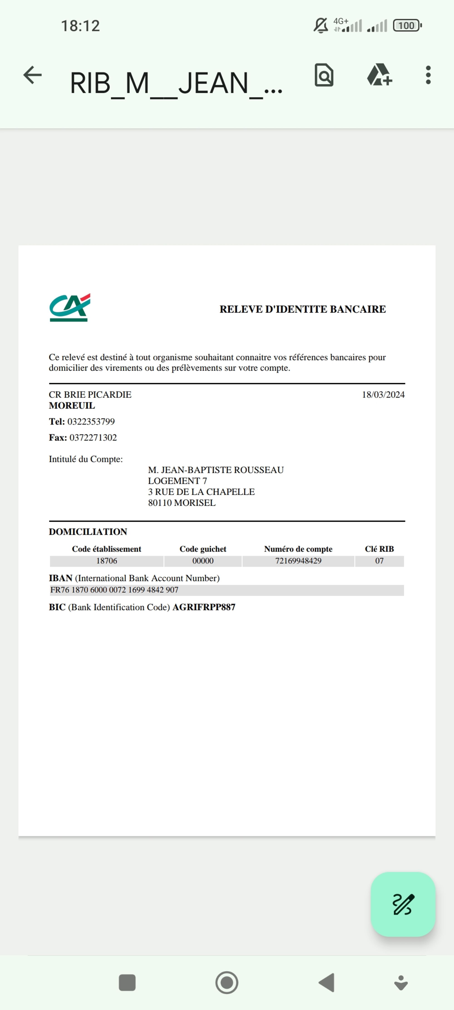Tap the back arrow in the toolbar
pyautogui.click(x=32, y=75)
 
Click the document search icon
pyautogui.click(x=324, y=75)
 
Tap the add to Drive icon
pyautogui.click(x=379, y=75)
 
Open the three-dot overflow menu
pyautogui.click(x=428, y=75)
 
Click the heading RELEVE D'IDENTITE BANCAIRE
pyautogui.click(x=302, y=309)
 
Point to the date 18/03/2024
pyautogui.click(x=383, y=395)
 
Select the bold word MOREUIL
pyautogui.click(x=72, y=406)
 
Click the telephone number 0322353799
pyautogui.click(x=91, y=422)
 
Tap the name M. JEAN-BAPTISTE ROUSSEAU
pyautogui.click(x=216, y=470)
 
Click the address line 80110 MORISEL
pyautogui.click(x=182, y=503)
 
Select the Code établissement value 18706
pyautogui.click(x=106, y=561)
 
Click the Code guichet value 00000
pyautogui.click(x=203, y=561)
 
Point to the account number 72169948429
pyautogui.click(x=298, y=561)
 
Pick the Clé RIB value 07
pyautogui.click(x=379, y=561)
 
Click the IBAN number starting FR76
pyautogui.click(x=114, y=590)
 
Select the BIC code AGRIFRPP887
pyautogui.click(x=204, y=607)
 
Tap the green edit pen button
pyautogui.click(x=403, y=905)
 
